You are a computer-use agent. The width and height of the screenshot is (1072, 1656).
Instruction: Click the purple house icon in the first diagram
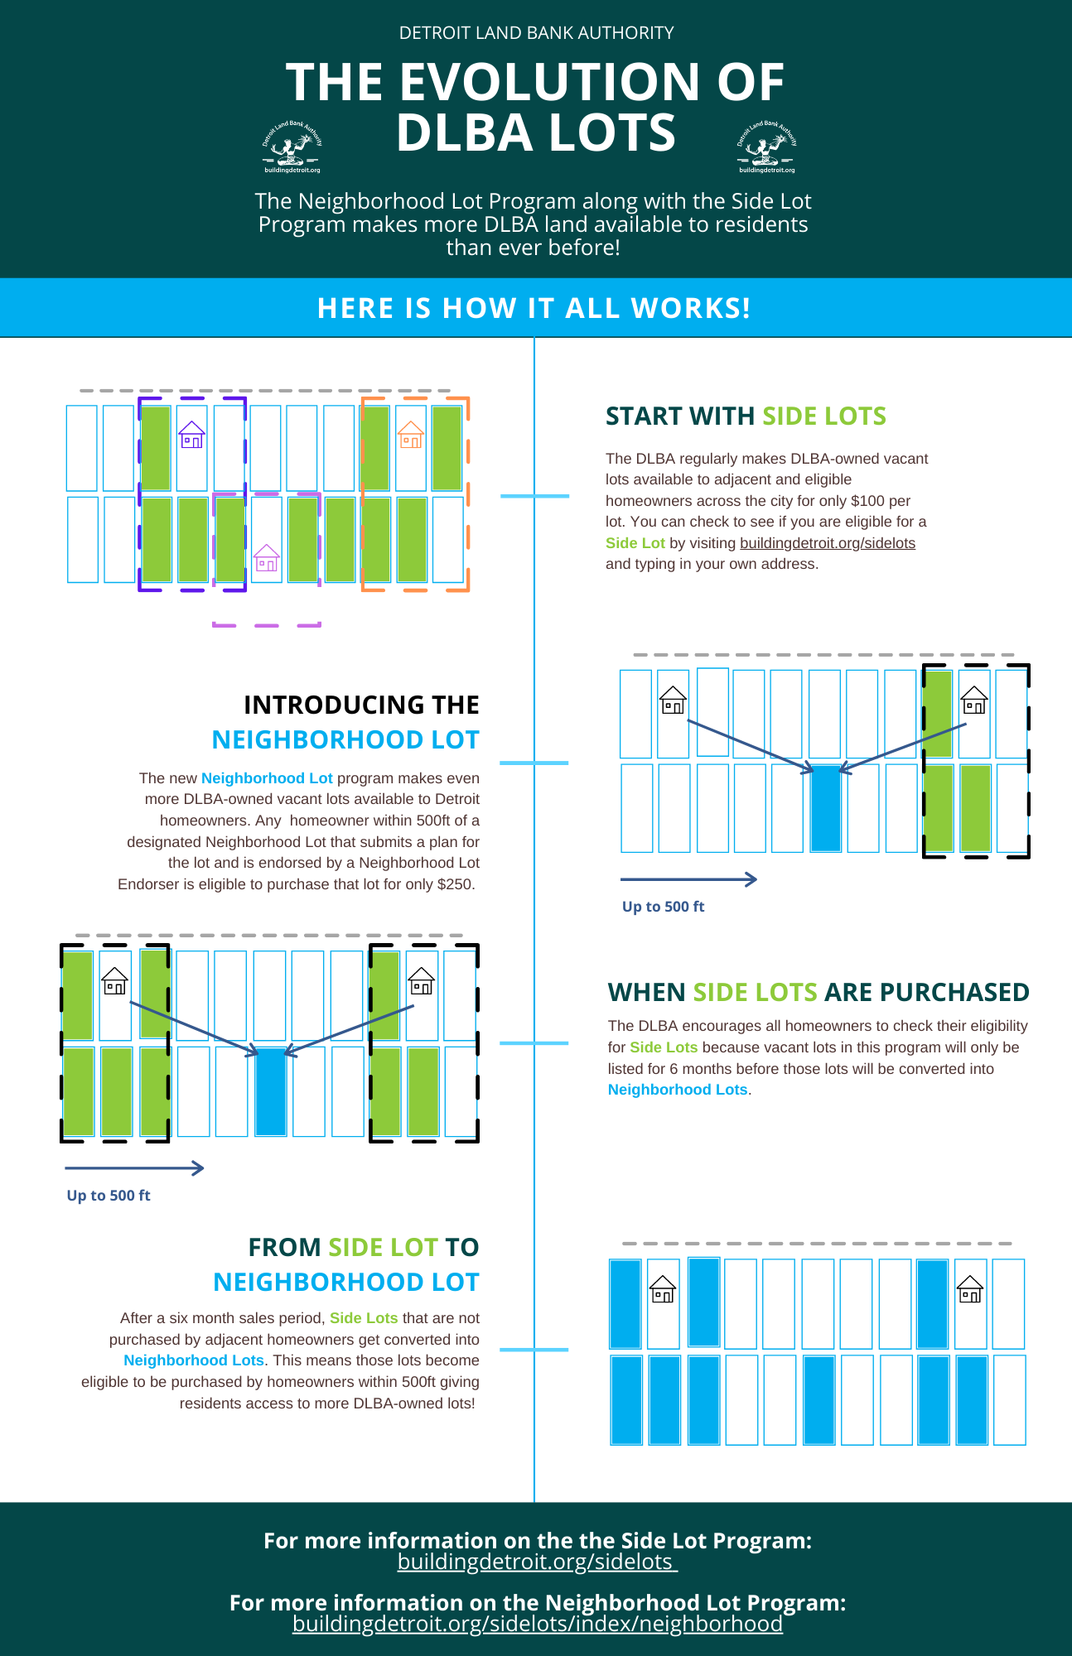[x=192, y=435]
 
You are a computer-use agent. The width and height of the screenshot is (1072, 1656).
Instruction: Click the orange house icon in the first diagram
[x=411, y=435]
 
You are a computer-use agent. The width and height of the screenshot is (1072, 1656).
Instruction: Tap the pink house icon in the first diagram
[x=266, y=558]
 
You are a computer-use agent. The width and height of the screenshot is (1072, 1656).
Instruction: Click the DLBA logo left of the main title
[x=292, y=147]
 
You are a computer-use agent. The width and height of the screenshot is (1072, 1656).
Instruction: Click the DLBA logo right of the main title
[x=766, y=147]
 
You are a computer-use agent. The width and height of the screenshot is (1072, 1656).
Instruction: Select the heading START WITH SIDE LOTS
[x=746, y=416]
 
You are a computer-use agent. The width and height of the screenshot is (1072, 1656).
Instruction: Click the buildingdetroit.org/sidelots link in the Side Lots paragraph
[x=827, y=543]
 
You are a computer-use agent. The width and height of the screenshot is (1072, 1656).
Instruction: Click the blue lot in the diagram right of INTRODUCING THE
[x=825, y=808]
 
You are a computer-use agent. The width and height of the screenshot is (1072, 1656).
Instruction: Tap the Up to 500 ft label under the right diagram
[x=663, y=907]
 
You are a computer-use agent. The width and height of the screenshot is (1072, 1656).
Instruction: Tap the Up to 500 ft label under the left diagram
[x=109, y=1196]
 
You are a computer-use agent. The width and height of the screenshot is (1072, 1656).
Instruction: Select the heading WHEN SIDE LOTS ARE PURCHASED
[x=818, y=992]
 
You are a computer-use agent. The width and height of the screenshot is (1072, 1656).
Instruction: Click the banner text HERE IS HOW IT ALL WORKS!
[x=534, y=308]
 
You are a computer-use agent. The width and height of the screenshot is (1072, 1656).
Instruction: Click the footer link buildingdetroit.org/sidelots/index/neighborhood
[x=538, y=1624]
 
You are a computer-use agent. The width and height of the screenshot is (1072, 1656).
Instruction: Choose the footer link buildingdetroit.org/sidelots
[x=537, y=1562]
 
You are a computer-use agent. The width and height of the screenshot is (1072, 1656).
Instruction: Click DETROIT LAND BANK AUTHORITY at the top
[x=536, y=33]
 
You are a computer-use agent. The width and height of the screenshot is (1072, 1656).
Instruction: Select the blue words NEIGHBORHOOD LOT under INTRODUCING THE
[x=345, y=740]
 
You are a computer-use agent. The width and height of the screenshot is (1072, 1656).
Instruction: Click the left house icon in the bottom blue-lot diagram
[x=663, y=1290]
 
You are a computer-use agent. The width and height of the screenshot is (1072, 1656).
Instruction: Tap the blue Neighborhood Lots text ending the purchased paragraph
[x=677, y=1090]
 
